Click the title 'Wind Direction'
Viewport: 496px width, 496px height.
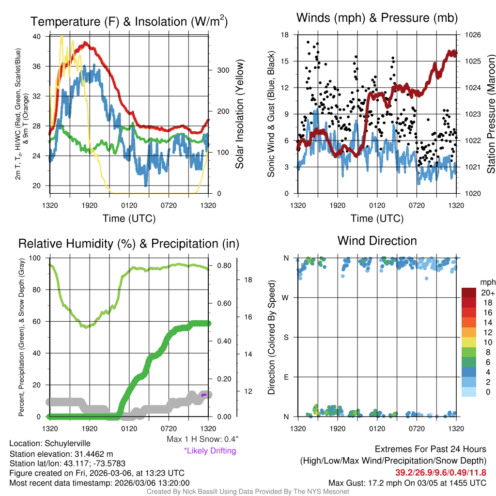(377, 241)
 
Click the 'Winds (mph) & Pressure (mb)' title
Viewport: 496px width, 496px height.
(377, 18)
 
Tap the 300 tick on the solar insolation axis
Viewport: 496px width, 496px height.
(223, 70)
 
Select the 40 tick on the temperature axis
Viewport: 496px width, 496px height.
(37, 36)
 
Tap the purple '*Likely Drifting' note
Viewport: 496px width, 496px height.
(210, 451)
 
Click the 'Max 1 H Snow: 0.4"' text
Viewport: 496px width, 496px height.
(202, 439)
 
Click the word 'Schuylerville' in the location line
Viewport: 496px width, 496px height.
(67, 443)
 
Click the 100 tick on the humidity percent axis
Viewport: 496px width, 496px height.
(36, 258)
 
